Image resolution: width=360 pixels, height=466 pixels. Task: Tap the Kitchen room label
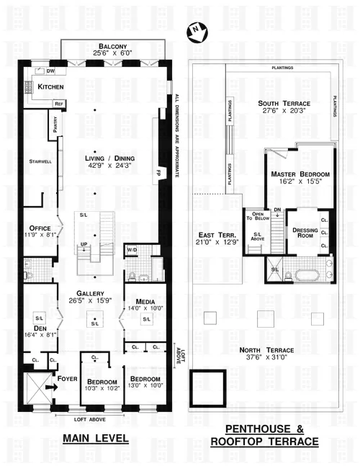click(x=50, y=87)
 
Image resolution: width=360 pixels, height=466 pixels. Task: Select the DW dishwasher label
click(x=50, y=71)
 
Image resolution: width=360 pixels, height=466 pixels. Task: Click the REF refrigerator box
click(x=58, y=104)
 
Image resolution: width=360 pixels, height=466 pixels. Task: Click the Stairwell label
click(x=40, y=162)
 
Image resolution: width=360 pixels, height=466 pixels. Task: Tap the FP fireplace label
click(x=160, y=172)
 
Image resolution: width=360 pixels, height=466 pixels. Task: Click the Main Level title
click(x=95, y=437)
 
